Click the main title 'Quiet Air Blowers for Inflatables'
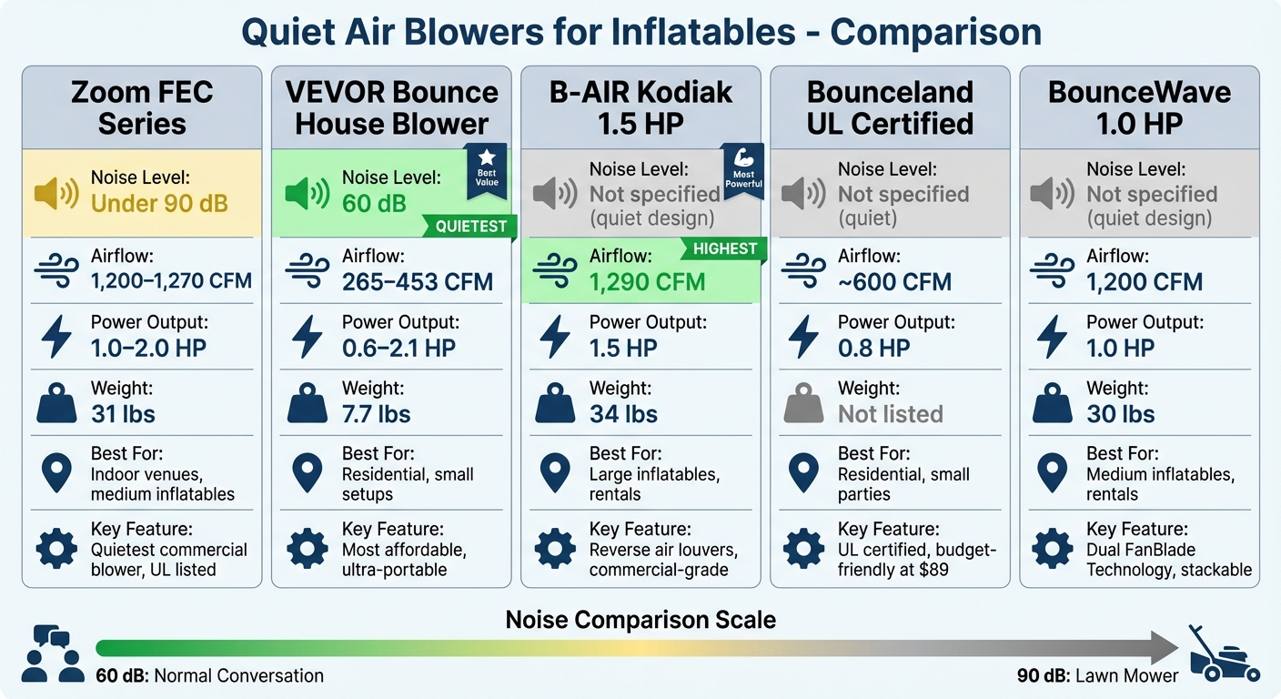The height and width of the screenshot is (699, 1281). [640, 32]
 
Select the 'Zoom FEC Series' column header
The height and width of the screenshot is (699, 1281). [142, 107]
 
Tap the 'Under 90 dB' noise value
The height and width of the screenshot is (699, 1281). [159, 203]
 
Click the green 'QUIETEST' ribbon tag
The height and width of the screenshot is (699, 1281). [470, 227]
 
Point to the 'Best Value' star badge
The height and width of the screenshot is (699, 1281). [487, 172]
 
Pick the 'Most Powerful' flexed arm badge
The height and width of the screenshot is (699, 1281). [743, 172]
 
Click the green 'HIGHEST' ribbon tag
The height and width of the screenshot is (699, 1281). [724, 248]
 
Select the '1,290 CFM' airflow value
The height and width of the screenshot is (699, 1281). [647, 282]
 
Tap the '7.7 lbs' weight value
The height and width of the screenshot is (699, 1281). [376, 414]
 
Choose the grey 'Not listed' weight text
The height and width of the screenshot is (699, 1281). [890, 414]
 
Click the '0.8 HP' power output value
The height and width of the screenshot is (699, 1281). [873, 348]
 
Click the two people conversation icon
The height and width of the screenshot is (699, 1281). [52, 653]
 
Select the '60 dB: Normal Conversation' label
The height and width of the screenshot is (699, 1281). [209, 676]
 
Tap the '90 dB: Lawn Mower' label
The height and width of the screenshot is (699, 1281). [1097, 676]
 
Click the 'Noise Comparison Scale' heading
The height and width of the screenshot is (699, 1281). [640, 621]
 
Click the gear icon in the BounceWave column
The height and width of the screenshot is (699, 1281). [1052, 549]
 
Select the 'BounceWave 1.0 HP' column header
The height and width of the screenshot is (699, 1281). [1139, 107]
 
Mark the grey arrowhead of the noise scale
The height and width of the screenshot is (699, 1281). [1165, 648]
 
